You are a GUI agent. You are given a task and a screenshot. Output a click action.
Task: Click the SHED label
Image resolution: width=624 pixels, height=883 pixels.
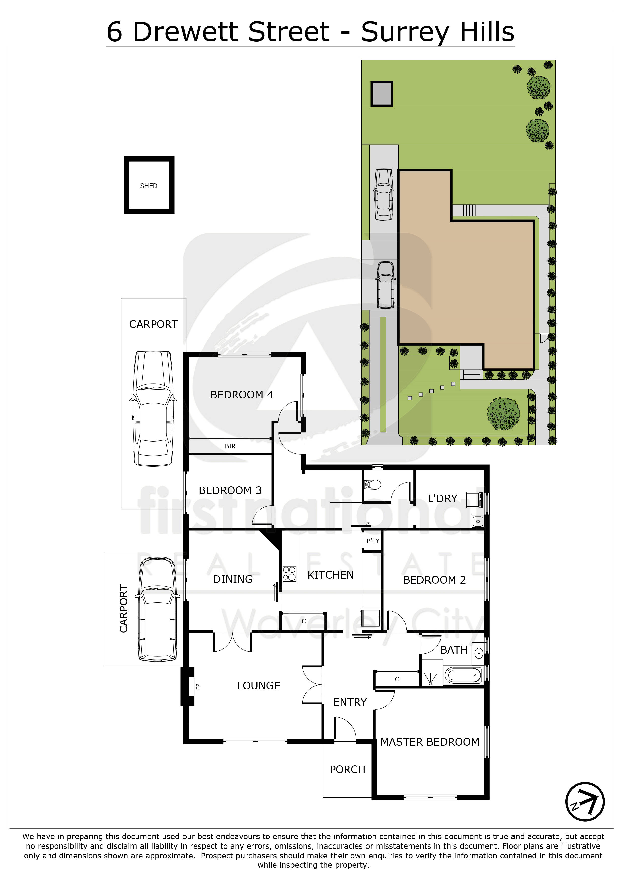pyautogui.click(x=149, y=186)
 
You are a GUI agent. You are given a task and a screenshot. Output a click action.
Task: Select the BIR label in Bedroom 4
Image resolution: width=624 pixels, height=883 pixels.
pyautogui.click(x=230, y=446)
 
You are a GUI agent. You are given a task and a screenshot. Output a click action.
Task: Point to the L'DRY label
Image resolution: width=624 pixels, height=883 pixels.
pyautogui.click(x=442, y=498)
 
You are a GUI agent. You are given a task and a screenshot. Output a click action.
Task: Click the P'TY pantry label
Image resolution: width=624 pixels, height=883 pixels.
pyautogui.click(x=373, y=541)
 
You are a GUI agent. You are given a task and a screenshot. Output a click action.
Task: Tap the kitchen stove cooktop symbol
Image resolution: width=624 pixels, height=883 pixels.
pyautogui.click(x=289, y=574)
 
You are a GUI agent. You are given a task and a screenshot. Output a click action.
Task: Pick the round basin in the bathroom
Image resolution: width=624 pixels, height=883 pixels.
pyautogui.click(x=479, y=653)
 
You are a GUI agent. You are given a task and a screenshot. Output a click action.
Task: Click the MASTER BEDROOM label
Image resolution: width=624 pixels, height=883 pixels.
pyautogui.click(x=430, y=742)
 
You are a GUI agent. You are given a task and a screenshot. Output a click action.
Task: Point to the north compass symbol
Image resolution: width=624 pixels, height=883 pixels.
pyautogui.click(x=585, y=801)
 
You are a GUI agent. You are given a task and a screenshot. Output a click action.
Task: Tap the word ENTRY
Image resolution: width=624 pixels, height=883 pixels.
pyautogui.click(x=350, y=702)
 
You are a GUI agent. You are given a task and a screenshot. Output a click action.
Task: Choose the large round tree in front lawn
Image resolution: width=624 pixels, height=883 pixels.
pyautogui.click(x=503, y=414)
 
